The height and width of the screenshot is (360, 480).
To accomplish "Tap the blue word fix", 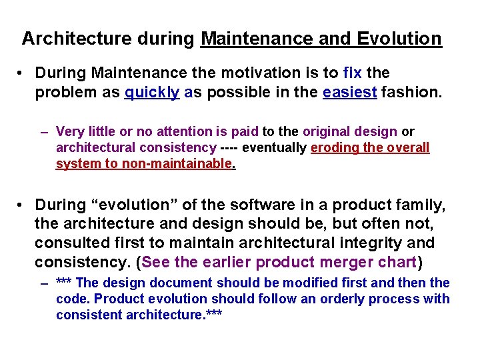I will (352, 73).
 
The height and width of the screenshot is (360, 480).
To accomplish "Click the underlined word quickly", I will (152, 93).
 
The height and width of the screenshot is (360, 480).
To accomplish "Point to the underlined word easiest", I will (351, 93).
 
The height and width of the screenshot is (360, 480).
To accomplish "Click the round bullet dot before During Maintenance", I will (23, 73).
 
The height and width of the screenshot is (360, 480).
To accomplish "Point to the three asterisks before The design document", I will (65, 283).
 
